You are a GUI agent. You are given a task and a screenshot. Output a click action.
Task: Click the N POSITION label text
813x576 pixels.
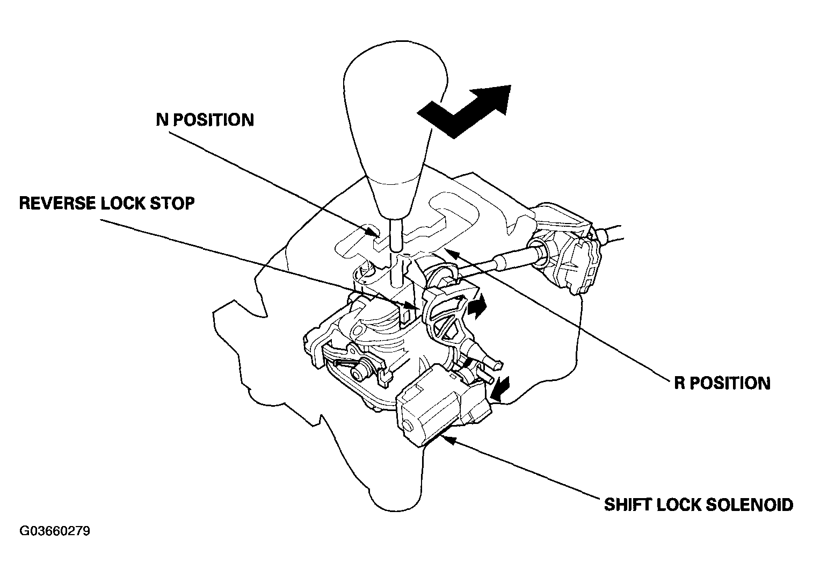[205, 120]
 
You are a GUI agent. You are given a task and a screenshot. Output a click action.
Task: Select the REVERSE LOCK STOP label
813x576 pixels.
[106, 204]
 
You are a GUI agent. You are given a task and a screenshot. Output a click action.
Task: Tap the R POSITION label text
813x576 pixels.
[722, 383]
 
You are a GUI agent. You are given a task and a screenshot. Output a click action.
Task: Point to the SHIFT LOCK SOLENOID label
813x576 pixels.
[699, 505]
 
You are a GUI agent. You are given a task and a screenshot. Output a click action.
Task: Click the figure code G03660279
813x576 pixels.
[55, 531]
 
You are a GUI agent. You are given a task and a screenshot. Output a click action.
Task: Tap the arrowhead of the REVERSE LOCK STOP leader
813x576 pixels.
[416, 308]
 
